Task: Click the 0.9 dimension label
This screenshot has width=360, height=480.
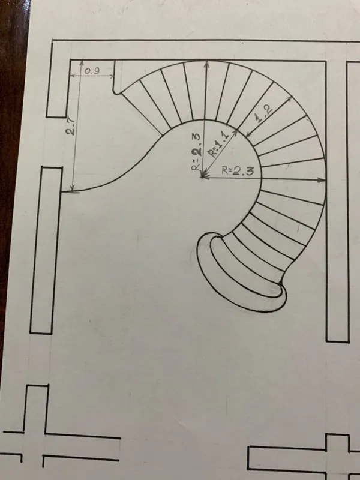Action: coord(92,71)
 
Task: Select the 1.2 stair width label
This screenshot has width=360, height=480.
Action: coord(264,113)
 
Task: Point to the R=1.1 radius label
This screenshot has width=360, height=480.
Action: coord(218,143)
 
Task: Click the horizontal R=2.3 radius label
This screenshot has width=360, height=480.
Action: coord(238,171)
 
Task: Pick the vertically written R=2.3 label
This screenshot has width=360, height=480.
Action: coord(196,152)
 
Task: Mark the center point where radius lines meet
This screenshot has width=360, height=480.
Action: coord(202,176)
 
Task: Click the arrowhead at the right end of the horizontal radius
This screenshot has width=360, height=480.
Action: coord(322,180)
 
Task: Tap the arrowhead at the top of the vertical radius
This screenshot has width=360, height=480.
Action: coord(207,64)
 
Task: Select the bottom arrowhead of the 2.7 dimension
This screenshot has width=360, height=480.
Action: coord(73,188)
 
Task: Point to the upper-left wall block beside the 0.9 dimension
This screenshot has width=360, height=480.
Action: coord(58,80)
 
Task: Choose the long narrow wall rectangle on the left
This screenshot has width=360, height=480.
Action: coord(46,250)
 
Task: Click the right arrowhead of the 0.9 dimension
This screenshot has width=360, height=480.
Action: coord(112,76)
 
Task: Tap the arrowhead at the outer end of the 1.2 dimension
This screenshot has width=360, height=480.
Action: coord(289,98)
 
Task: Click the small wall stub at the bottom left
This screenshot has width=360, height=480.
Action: coord(36,409)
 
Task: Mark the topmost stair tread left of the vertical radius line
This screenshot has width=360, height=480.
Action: coord(195,91)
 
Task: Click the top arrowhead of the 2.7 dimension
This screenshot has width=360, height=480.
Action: coord(82,63)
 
